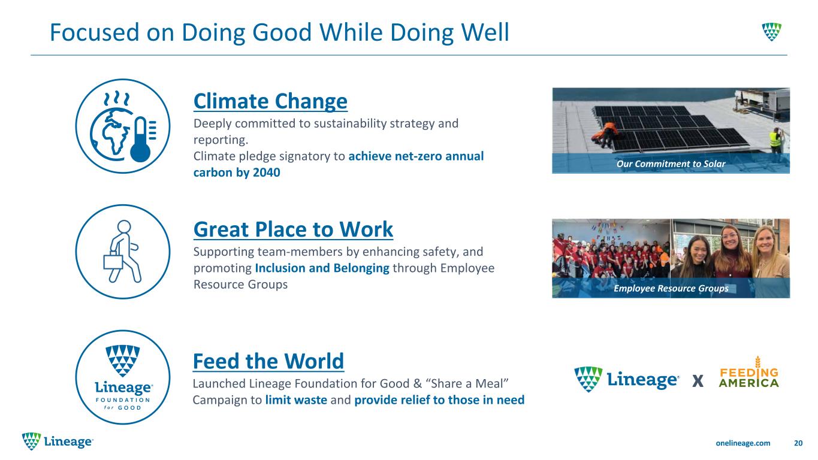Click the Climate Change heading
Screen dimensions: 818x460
[270, 101]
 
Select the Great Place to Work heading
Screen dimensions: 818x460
[293, 229]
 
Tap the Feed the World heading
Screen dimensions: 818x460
[268, 361]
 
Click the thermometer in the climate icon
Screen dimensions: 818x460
[141, 140]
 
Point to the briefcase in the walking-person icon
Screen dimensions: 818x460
[113, 262]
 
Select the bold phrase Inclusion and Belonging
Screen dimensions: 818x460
[322, 268]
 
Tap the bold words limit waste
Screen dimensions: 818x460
[296, 400]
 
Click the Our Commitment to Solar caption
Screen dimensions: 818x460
[671, 164]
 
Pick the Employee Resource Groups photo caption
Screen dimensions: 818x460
[671, 289]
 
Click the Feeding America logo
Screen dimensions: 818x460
[748, 373]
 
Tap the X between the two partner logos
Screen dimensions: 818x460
[698, 381]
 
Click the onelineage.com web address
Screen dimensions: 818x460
[742, 443]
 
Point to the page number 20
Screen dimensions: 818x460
[798, 443]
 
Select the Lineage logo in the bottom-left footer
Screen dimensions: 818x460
[58, 441]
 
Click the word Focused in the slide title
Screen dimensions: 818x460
[95, 32]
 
